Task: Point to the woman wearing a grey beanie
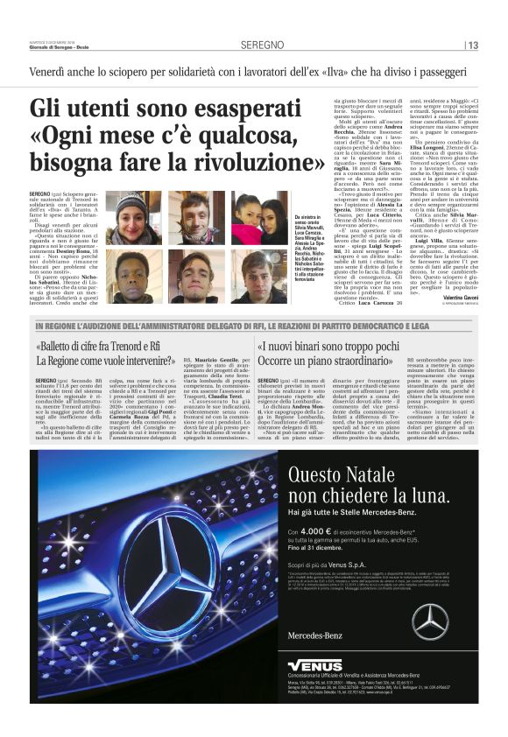point(132,219)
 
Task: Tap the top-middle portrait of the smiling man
point(194,219)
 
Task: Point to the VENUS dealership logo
point(314,665)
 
